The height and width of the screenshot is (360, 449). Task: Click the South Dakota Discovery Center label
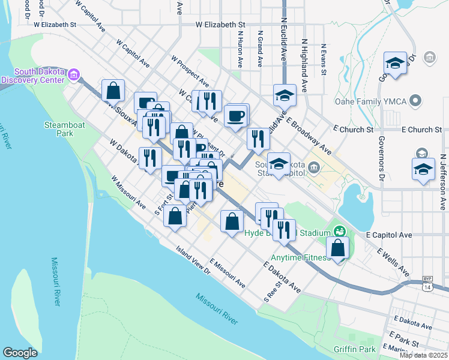click(x=34, y=75)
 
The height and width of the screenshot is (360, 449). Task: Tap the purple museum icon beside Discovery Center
click(x=74, y=75)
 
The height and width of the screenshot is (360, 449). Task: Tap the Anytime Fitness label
click(x=300, y=258)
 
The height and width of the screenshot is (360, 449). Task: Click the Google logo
click(x=20, y=353)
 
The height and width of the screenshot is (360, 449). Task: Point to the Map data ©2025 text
click(x=424, y=355)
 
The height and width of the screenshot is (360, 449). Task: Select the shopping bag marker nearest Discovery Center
click(x=113, y=91)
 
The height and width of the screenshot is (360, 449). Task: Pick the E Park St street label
click(x=403, y=338)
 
